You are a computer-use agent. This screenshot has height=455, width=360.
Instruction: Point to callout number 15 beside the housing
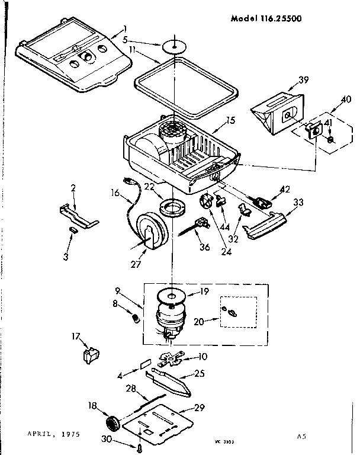click(230, 120)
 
